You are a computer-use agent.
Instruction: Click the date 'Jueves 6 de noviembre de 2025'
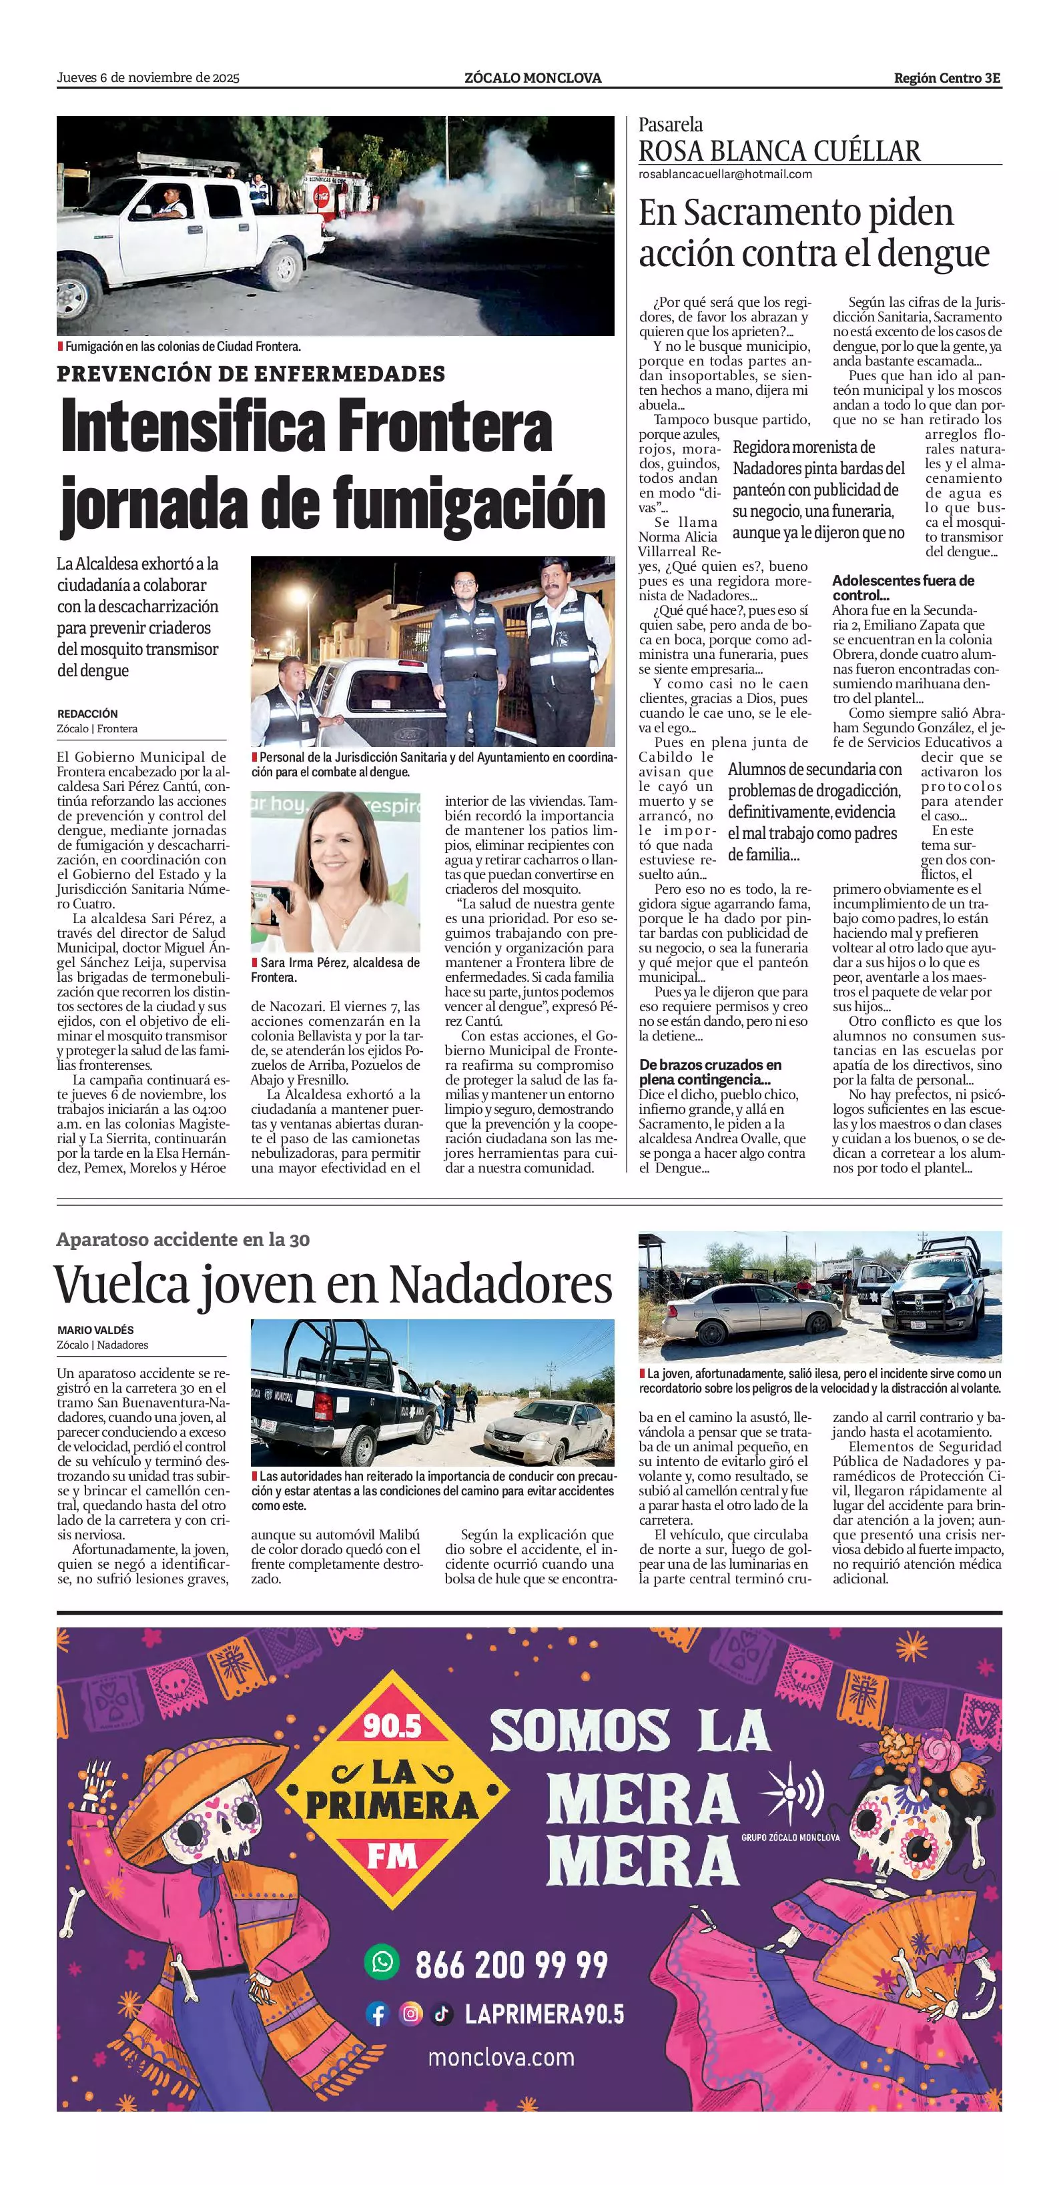click(149, 78)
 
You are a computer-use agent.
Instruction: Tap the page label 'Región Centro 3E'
click(947, 78)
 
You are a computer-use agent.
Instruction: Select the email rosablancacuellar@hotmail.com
click(725, 174)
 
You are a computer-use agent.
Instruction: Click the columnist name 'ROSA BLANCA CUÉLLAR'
click(779, 151)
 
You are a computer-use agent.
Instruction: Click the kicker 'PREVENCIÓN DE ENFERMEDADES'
click(251, 374)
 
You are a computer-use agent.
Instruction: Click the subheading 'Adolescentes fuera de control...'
click(903, 587)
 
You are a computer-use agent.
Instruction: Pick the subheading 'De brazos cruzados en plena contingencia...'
click(710, 1072)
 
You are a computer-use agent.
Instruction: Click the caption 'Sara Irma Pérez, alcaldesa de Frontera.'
click(335, 970)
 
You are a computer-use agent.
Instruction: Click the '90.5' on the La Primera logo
click(392, 1725)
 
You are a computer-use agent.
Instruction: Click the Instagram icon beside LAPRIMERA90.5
click(410, 2014)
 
